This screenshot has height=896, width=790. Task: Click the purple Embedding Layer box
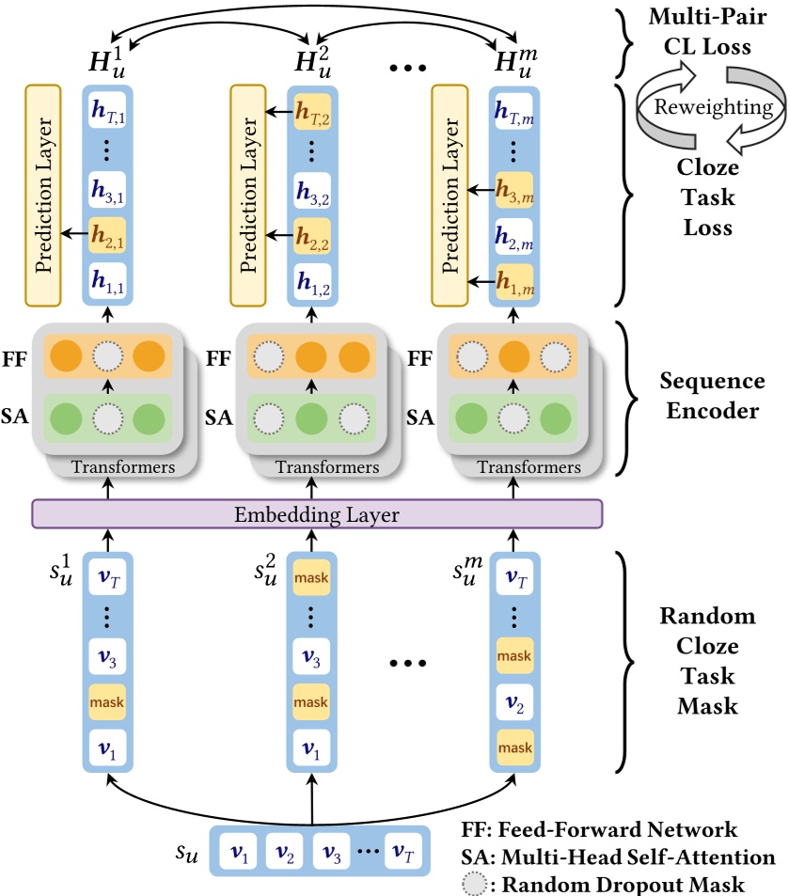click(x=316, y=514)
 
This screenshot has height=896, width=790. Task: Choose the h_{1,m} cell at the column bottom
click(x=513, y=279)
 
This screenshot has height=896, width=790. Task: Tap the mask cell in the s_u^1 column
click(x=107, y=700)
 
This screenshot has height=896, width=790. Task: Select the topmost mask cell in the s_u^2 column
click(x=311, y=577)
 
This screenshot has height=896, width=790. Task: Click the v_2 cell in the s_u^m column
click(x=513, y=700)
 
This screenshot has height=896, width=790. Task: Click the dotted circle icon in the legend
click(x=477, y=883)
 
